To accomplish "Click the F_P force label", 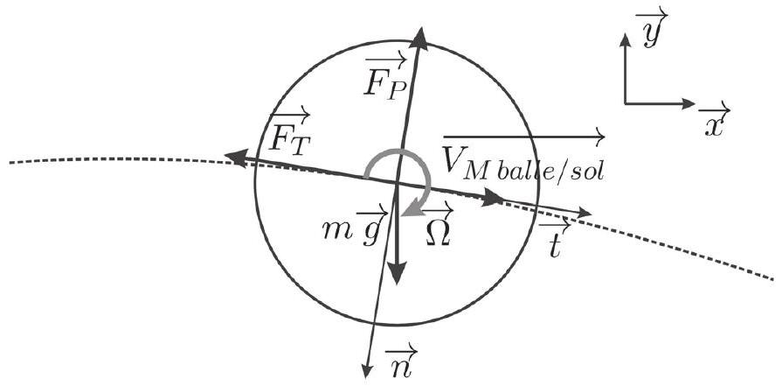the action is point(386,79).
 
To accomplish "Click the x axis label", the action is point(715,120).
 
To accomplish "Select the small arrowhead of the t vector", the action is point(585,214).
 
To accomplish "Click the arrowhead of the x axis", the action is point(689,104).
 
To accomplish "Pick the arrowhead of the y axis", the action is point(625,38).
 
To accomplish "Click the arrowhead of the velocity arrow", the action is point(598,136).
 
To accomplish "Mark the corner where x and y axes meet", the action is point(625,104).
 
